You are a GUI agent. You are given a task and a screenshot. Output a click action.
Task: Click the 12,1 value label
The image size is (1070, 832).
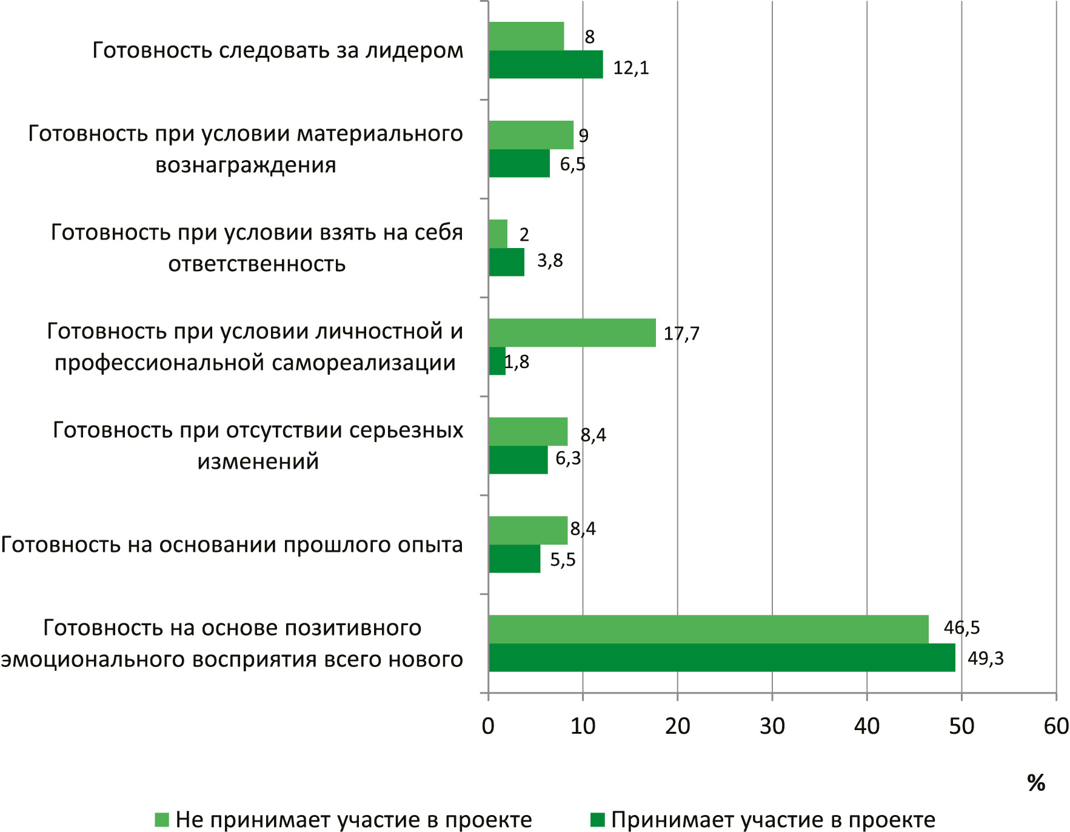click(630, 68)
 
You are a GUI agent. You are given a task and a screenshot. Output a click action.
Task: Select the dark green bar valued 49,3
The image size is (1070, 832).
click(721, 657)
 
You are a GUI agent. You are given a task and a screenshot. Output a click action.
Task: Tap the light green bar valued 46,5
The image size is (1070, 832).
click(708, 629)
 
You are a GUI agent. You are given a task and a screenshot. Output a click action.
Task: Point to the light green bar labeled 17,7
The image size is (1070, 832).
click(572, 332)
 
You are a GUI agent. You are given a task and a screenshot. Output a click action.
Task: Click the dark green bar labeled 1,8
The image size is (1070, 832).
click(497, 361)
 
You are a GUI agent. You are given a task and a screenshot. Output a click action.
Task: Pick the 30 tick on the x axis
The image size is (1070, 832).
click(772, 726)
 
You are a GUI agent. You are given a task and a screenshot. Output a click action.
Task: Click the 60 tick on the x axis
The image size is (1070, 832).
click(1055, 726)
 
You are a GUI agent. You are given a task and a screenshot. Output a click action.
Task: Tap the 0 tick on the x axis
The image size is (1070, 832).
click(488, 726)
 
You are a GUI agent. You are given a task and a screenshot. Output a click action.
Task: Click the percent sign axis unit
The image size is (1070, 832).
click(1036, 783)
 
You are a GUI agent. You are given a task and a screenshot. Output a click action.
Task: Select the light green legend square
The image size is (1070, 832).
click(161, 820)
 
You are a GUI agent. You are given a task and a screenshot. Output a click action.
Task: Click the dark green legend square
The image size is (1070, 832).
click(597, 820)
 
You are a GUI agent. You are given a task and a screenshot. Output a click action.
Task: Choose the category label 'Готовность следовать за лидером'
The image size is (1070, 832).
click(278, 50)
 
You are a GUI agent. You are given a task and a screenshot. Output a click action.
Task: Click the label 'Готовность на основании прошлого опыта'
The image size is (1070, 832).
click(232, 545)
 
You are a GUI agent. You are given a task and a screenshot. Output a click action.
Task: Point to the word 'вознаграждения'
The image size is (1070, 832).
click(246, 165)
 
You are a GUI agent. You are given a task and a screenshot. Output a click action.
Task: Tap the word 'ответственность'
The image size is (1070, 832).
click(257, 264)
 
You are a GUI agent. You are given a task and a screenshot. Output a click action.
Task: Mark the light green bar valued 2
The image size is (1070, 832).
click(498, 233)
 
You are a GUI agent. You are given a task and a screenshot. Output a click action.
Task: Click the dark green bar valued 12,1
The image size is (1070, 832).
click(546, 64)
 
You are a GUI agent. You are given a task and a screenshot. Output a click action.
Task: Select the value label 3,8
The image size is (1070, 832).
click(550, 261)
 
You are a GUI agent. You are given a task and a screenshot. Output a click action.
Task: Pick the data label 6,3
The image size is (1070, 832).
click(568, 458)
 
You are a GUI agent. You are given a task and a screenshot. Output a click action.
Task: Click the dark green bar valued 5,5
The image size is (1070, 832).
click(514, 559)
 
